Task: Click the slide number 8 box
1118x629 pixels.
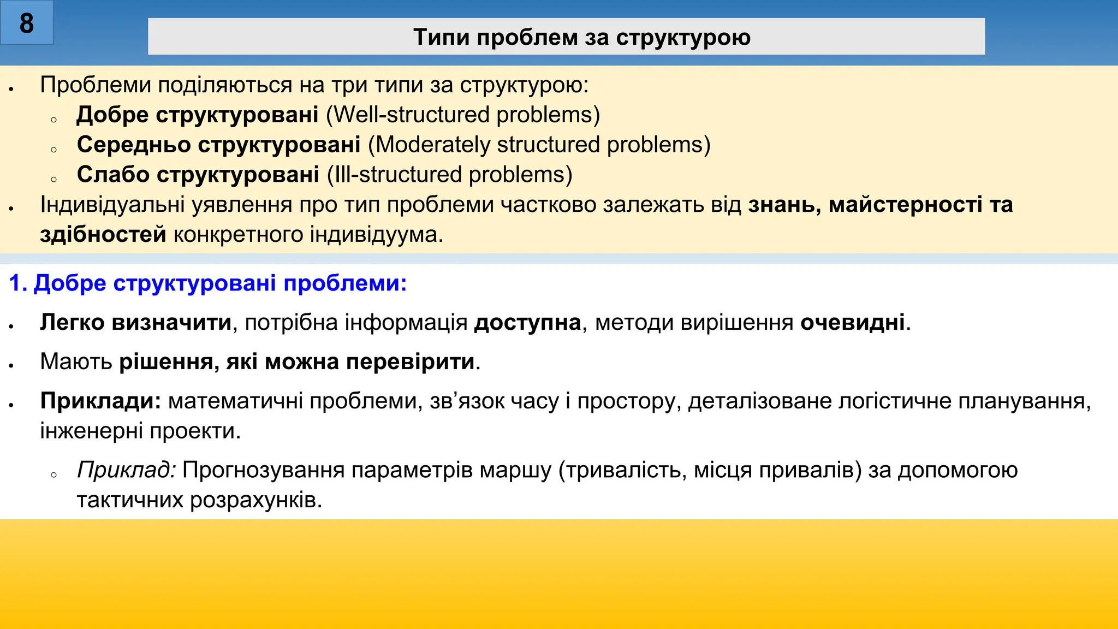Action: tap(26, 23)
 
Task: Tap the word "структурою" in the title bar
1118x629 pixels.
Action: tap(683, 37)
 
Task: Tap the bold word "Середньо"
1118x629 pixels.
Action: tap(134, 145)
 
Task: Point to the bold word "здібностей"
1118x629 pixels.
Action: tap(103, 235)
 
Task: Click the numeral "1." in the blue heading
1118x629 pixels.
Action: tap(19, 283)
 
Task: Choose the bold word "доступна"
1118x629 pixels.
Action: tap(527, 323)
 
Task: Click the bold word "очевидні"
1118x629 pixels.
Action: tap(853, 323)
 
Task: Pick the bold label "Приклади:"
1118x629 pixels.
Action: tap(100, 401)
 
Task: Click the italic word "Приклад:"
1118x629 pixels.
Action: tap(126, 470)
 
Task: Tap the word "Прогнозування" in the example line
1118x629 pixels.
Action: tap(263, 470)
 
